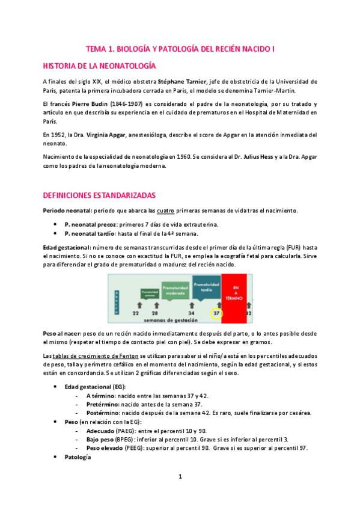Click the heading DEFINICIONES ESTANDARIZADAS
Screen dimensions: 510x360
click(99, 195)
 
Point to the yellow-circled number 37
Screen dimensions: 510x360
click(216, 313)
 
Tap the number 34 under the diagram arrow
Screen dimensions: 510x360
click(191, 313)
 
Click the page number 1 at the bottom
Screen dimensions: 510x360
click(180, 476)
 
